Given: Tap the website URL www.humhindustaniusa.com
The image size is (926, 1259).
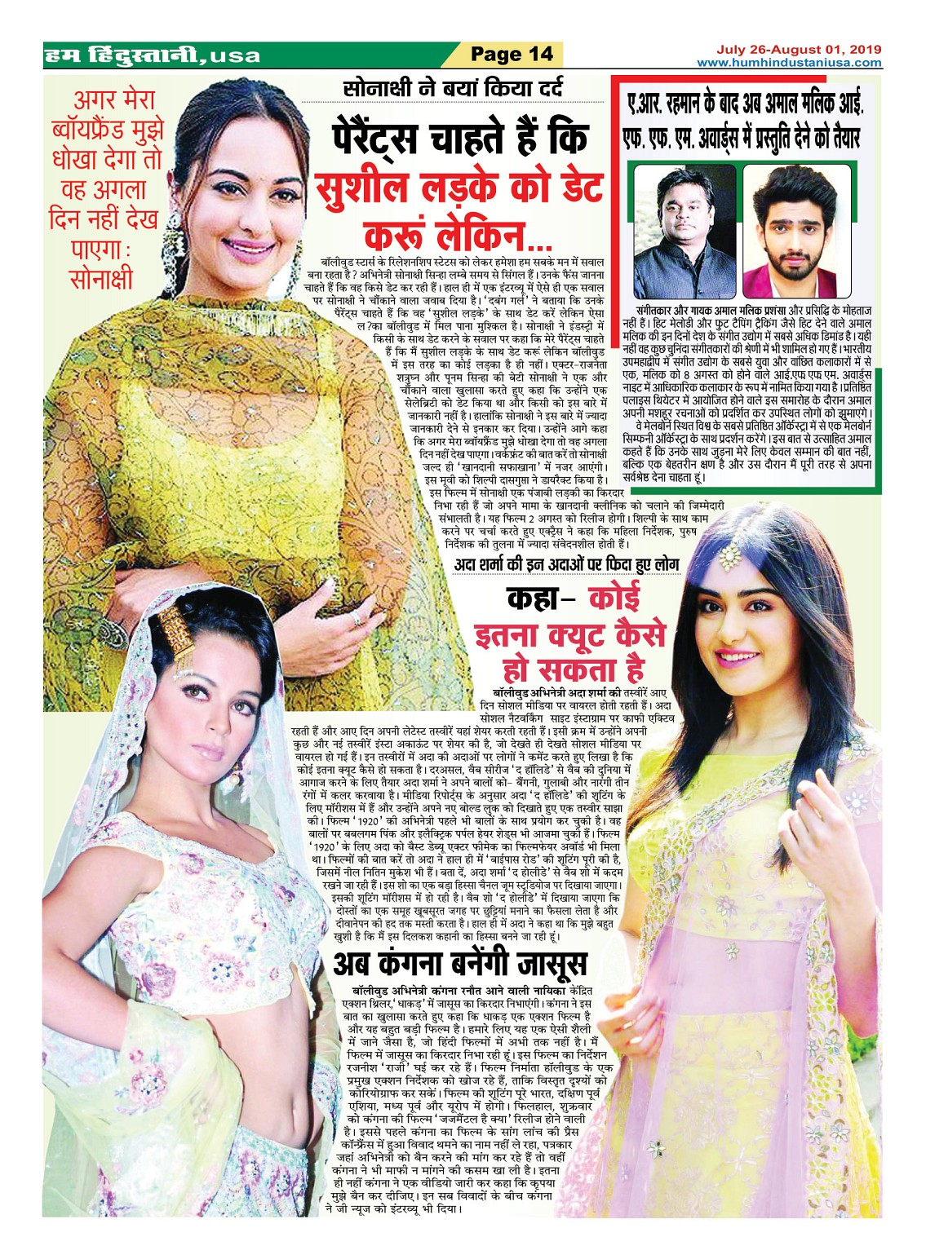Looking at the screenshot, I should [789, 62].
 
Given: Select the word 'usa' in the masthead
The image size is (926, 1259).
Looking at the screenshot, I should [235, 56].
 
